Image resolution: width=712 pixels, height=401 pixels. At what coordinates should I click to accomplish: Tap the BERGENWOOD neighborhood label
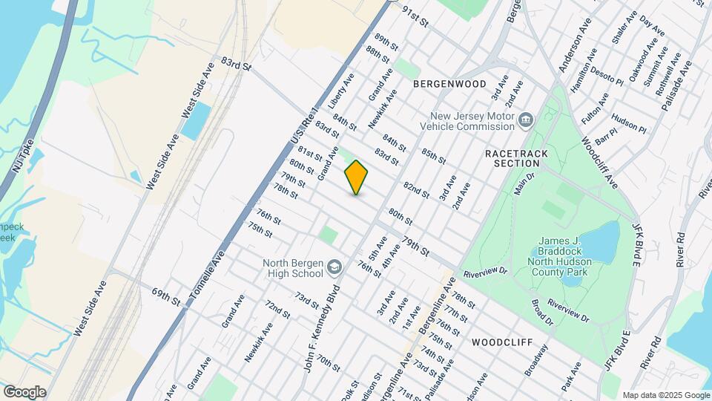click(x=445, y=84)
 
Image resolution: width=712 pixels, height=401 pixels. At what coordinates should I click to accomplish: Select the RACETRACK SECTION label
click(x=512, y=157)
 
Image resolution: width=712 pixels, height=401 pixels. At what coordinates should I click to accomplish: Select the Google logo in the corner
click(x=24, y=392)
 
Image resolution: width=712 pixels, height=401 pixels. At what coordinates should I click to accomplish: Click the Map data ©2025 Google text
click(x=665, y=395)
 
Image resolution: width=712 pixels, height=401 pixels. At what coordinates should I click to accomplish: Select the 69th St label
click(x=166, y=298)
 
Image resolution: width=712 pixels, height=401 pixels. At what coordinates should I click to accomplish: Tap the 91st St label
click(x=415, y=18)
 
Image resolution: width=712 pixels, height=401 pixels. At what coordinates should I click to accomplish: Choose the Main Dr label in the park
click(x=524, y=183)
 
